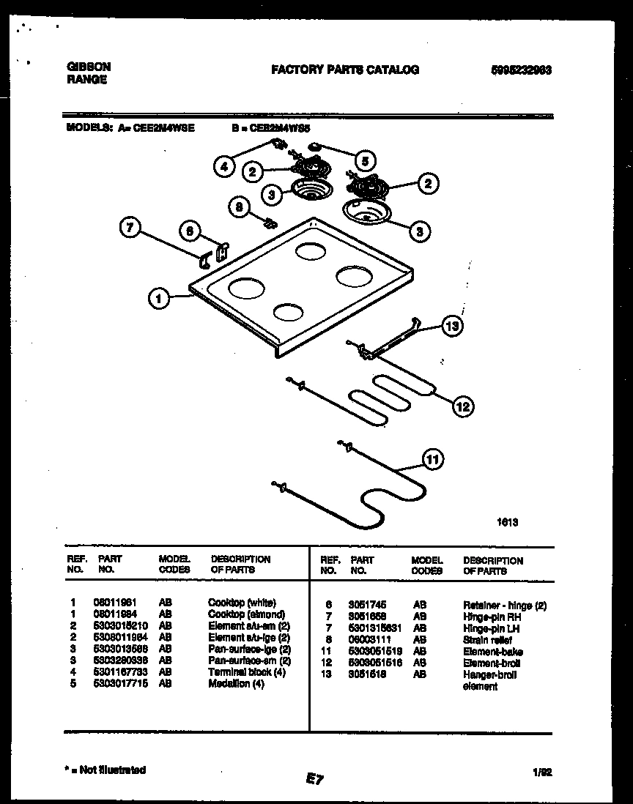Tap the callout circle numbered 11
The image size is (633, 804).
click(433, 460)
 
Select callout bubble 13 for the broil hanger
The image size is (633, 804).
click(453, 327)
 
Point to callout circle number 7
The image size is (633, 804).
click(130, 228)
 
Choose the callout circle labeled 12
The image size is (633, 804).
click(463, 406)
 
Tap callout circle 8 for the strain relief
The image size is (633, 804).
click(237, 207)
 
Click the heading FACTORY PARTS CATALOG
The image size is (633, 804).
click(345, 70)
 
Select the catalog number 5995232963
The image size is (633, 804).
click(521, 70)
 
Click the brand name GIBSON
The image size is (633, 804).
click(89, 66)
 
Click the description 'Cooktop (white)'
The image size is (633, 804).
click(242, 603)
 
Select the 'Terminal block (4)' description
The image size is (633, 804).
click(247, 671)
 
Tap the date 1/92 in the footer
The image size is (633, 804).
click(541, 771)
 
